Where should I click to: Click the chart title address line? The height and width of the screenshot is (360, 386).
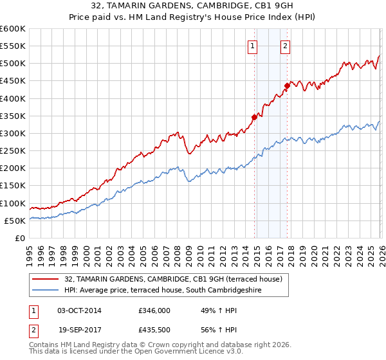tap(192, 6)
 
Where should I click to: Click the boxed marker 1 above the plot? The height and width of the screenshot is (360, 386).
tap(252, 46)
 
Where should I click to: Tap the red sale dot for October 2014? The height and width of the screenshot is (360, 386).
tap(255, 117)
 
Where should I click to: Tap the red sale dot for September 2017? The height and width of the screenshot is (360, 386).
tap(288, 85)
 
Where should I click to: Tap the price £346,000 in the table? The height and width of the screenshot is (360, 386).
tap(154, 310)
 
